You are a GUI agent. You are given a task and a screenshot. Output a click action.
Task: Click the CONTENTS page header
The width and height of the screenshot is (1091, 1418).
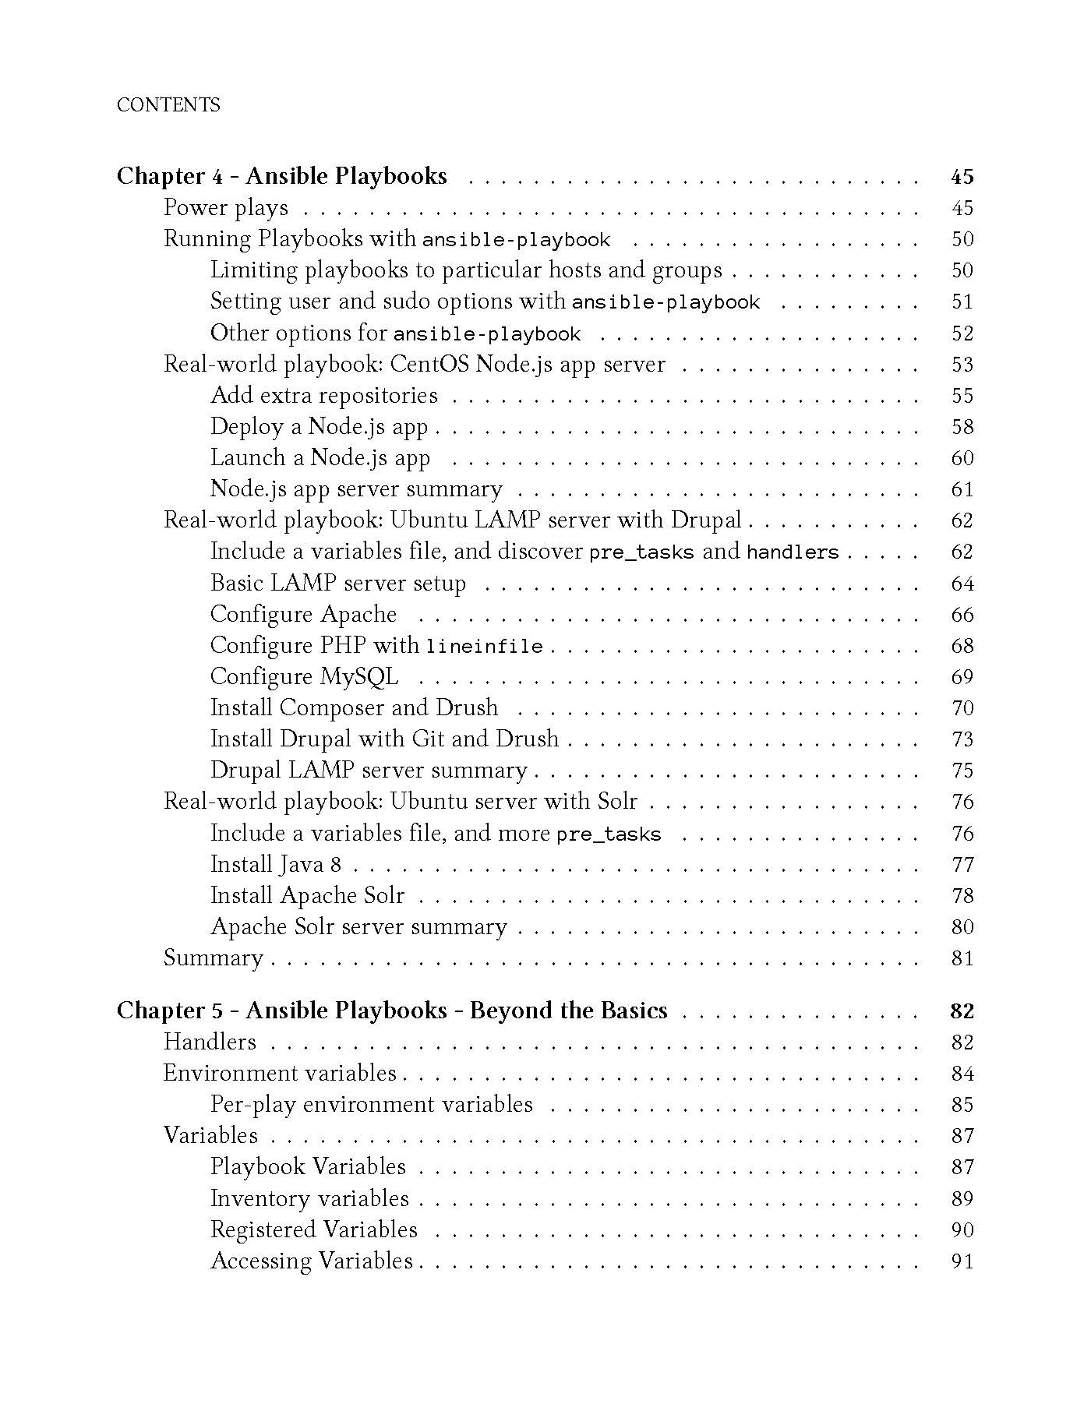coord(168,105)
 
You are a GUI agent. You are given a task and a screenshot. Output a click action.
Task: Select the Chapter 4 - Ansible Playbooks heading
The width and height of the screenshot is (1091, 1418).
coord(281,176)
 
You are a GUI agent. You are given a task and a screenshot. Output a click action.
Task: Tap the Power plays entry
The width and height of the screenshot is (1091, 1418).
coord(226,208)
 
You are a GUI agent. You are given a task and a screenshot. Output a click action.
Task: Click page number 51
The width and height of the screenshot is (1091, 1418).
coord(962,302)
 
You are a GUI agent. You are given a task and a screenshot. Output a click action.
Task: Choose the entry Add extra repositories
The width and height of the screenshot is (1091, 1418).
coord(324,396)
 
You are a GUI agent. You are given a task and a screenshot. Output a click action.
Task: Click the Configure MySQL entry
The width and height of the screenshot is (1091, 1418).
coord(304,676)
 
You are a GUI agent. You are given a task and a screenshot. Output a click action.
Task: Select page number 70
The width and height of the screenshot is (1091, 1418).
coord(962,708)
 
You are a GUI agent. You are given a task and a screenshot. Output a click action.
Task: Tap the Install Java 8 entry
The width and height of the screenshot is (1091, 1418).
coord(276,865)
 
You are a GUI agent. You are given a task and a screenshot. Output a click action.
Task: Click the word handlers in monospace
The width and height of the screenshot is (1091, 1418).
coord(793,553)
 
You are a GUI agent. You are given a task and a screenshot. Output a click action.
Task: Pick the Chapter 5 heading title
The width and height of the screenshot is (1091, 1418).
coord(392,1011)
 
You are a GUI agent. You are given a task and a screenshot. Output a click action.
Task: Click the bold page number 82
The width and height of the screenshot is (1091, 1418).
coord(962,1011)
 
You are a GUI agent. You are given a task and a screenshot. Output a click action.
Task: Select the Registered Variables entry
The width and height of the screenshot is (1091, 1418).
coord(314,1229)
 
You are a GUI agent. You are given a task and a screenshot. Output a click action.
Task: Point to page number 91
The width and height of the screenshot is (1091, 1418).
coord(962,1261)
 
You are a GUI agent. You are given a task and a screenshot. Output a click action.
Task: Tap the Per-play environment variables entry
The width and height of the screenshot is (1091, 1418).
coord(372,1105)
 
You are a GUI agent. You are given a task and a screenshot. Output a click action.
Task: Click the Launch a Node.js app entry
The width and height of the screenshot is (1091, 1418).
coord(320,458)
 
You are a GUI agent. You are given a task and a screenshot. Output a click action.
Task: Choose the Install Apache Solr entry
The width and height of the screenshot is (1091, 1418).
coord(308,896)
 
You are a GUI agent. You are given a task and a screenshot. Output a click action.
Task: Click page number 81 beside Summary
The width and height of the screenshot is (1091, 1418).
coord(962,958)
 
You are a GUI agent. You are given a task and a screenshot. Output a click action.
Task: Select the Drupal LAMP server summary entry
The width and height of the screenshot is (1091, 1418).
coord(369,771)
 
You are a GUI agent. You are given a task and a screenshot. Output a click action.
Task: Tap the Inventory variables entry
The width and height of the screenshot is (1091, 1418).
coord(309,1198)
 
